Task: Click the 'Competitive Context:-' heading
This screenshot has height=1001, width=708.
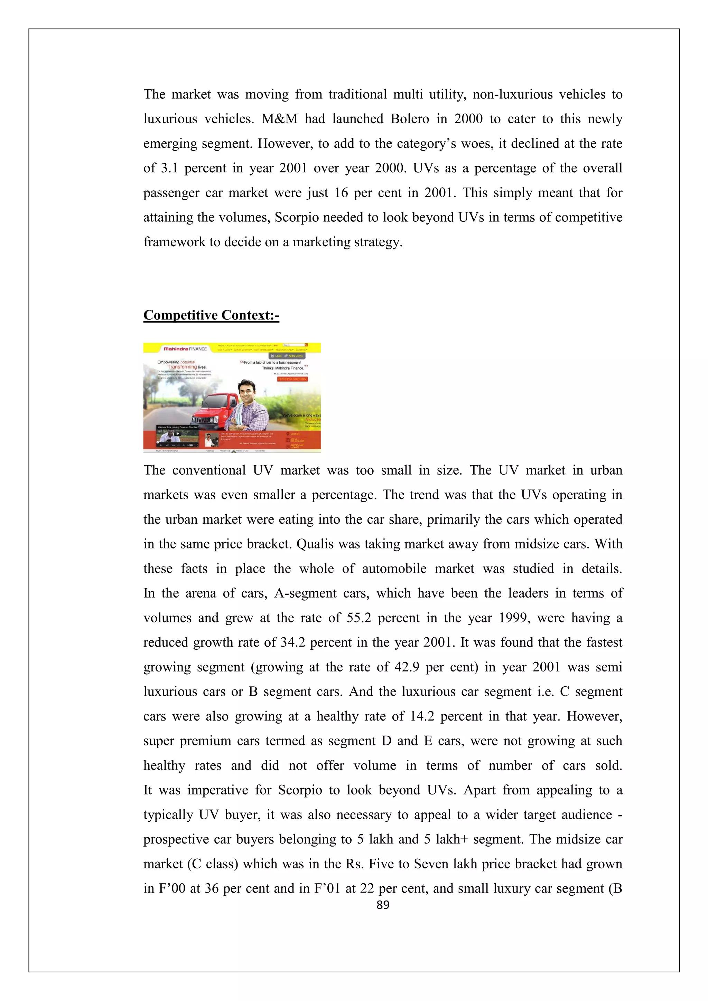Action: [211, 315]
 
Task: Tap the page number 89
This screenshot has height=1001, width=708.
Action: [383, 905]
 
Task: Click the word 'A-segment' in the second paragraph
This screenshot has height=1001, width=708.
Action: [305, 593]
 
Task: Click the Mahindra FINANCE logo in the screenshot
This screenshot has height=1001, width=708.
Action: [185, 349]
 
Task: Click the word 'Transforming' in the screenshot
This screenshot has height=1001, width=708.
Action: [182, 367]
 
